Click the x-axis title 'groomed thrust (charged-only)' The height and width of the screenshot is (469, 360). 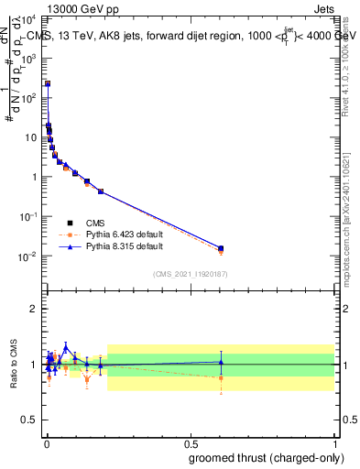point(260,458)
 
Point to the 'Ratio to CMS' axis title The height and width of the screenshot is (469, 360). point(13,364)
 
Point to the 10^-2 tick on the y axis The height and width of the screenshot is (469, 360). point(32,256)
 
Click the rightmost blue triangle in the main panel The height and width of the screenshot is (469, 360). point(221,248)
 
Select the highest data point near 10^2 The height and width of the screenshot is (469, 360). point(48,83)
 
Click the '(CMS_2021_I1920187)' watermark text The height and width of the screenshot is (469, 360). point(191,273)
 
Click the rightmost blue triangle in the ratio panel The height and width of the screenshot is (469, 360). point(221,362)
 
